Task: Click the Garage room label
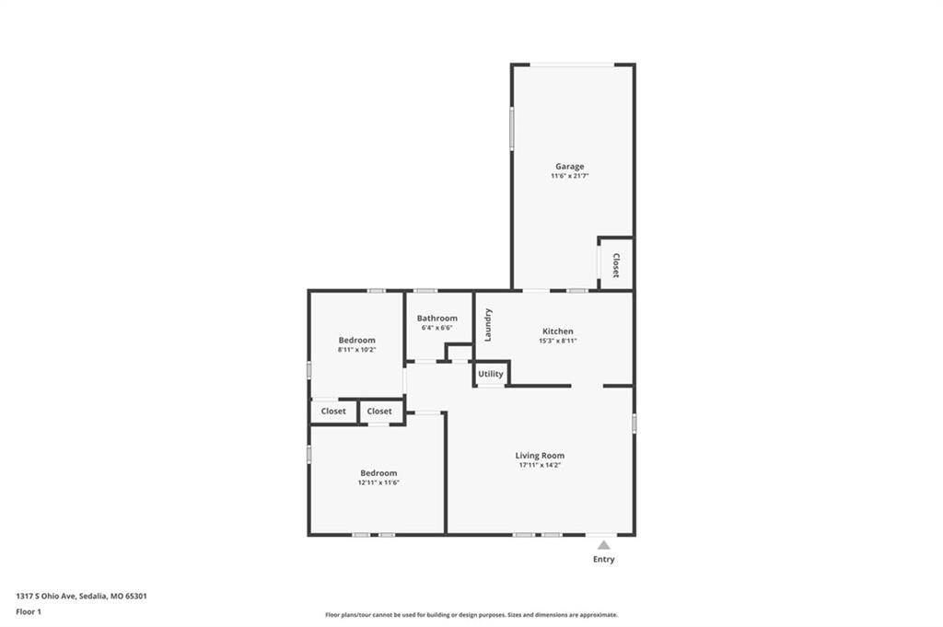coord(569,167)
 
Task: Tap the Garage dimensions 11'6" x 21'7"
coord(569,176)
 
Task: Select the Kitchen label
coord(557,331)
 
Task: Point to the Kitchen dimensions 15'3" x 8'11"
coord(557,341)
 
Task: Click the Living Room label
coord(540,456)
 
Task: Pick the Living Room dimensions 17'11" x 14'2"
coord(540,465)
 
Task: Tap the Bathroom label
coord(437,319)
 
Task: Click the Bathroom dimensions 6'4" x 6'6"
coord(437,328)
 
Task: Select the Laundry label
coord(488,325)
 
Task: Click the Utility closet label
coord(491,374)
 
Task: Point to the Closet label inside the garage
coord(616,265)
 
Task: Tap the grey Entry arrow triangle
coord(604,545)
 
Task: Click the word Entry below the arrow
coord(604,559)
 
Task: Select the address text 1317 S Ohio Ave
coord(45,597)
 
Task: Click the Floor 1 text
coord(29,612)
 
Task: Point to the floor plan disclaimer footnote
coord(471,615)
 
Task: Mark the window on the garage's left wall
coord(512,128)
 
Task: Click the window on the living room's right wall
coord(634,424)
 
